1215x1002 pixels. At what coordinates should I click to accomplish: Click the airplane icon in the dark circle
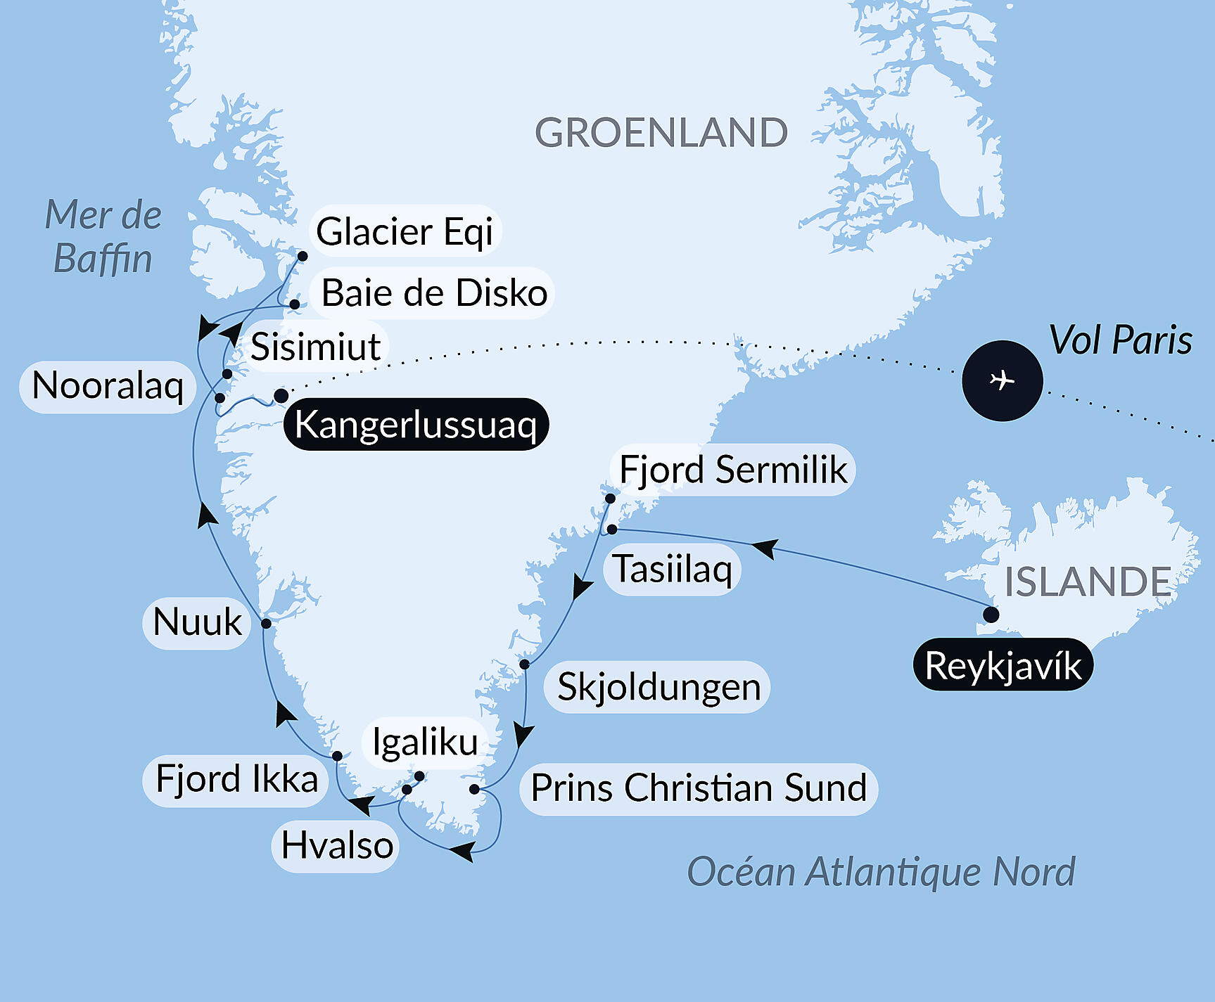pyautogui.click(x=1002, y=380)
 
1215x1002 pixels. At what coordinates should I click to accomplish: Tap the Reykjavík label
pyautogui.click(x=1003, y=665)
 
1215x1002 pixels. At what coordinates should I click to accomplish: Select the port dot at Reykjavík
pyautogui.click(x=991, y=615)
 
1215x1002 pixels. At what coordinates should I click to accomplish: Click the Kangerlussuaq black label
pyautogui.click(x=415, y=425)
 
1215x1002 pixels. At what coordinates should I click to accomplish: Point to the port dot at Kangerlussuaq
pyautogui.click(x=281, y=396)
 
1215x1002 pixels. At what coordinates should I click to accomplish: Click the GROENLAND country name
pyautogui.click(x=661, y=132)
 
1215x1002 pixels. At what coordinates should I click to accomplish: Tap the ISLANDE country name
pyautogui.click(x=1087, y=582)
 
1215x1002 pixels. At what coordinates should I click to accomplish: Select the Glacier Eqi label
pyautogui.click(x=405, y=231)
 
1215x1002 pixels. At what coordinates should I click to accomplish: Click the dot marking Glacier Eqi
pyautogui.click(x=303, y=256)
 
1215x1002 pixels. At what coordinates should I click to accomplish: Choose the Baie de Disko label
pyautogui.click(x=433, y=293)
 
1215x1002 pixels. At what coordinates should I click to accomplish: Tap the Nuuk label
pyautogui.click(x=197, y=622)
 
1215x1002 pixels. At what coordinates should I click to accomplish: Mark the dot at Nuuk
pyautogui.click(x=266, y=623)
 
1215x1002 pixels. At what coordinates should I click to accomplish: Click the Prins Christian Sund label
pyautogui.click(x=698, y=788)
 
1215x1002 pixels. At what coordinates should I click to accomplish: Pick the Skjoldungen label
pyautogui.click(x=659, y=687)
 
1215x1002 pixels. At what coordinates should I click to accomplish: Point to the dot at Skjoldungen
pyautogui.click(x=524, y=664)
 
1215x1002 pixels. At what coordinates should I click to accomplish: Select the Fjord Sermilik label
pyautogui.click(x=732, y=470)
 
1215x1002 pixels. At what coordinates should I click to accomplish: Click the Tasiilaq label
pyautogui.click(x=673, y=569)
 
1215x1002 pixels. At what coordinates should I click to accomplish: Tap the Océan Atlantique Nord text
pyautogui.click(x=881, y=872)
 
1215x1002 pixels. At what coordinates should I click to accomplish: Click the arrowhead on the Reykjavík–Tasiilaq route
pyautogui.click(x=765, y=548)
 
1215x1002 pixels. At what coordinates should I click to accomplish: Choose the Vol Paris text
pyautogui.click(x=1120, y=340)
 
